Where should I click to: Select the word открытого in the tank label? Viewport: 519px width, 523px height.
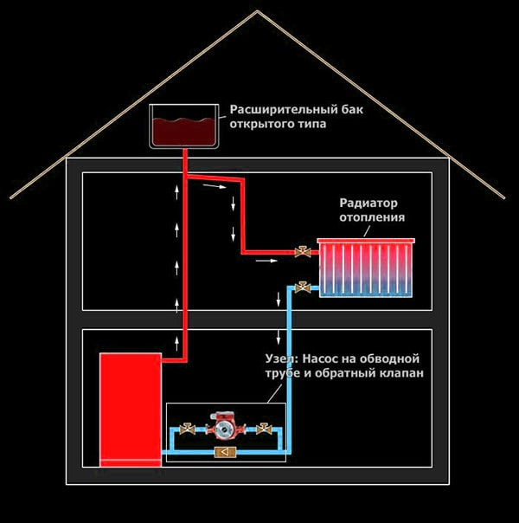click(258, 125)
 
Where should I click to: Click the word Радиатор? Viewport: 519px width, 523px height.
click(371, 203)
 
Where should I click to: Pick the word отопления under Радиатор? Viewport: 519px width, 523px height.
click(372, 217)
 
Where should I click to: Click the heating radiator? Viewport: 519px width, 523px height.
click(368, 268)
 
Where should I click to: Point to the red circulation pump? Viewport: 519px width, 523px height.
click(223, 426)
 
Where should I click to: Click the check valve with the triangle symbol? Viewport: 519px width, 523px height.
click(225, 452)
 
